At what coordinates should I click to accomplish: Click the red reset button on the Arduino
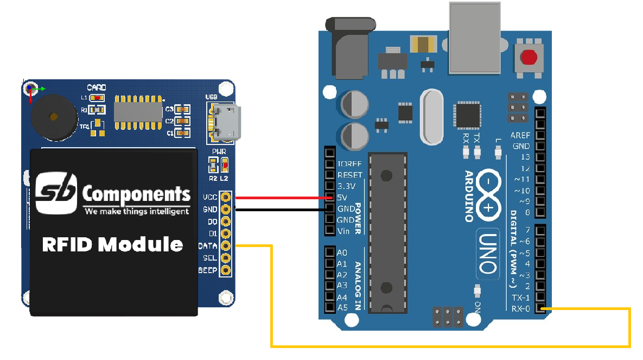coord(529,56)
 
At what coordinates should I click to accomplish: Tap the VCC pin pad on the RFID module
coord(226,197)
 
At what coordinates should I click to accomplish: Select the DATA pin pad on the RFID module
coord(226,245)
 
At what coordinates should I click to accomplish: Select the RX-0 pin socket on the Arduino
coord(540,309)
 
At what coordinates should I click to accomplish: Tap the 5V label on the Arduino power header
coord(342,197)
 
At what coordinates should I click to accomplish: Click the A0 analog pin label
coord(342,252)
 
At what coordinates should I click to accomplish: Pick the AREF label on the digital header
coord(520,135)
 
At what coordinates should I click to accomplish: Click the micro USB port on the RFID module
coord(224,123)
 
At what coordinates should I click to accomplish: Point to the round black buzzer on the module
coord(52,117)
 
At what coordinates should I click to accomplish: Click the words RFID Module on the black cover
coord(112,244)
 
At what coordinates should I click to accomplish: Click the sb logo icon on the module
coord(56,193)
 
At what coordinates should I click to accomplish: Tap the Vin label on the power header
coord(343,231)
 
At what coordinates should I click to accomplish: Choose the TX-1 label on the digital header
coord(520,298)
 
